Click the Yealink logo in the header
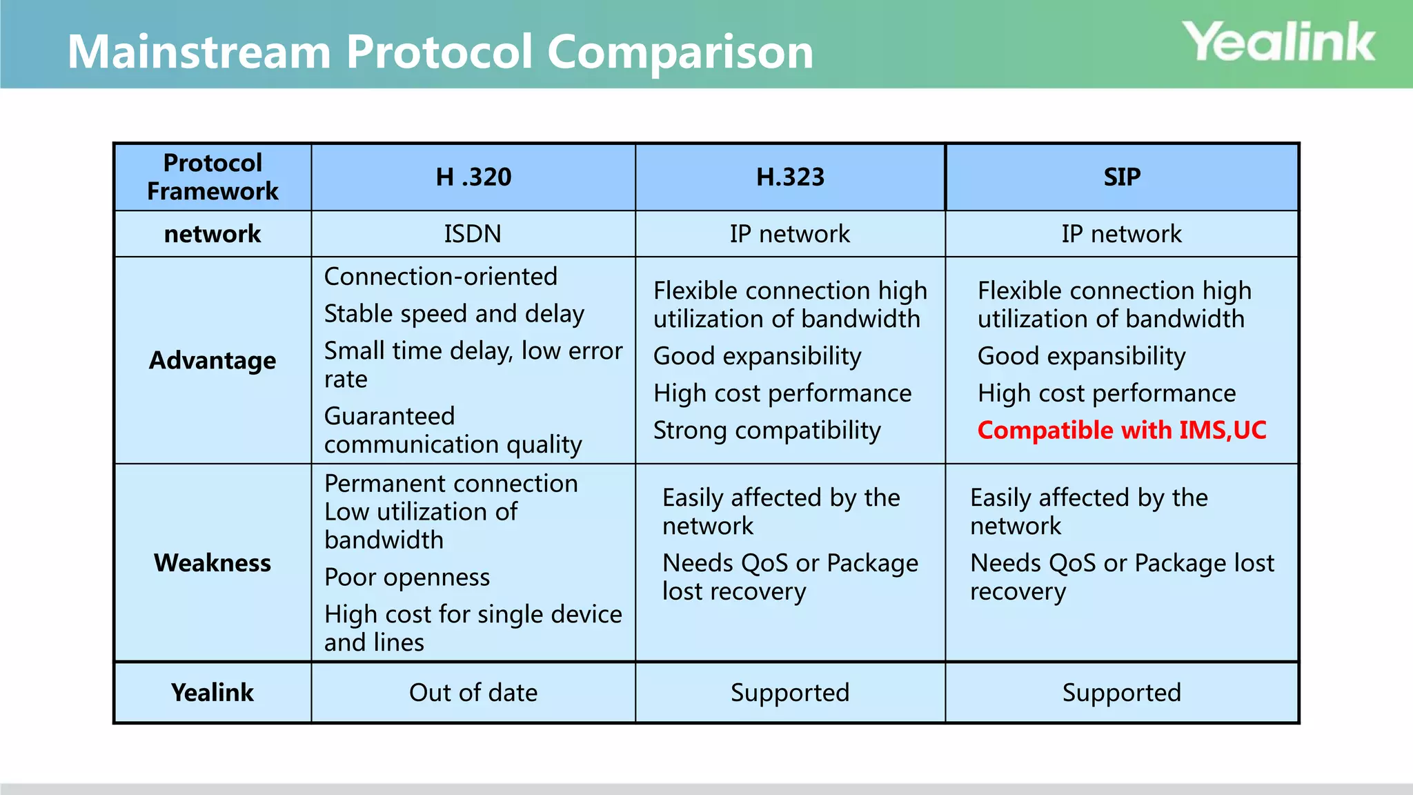pyautogui.click(x=1278, y=43)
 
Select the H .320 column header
pyautogui.click(x=473, y=177)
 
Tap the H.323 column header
pyautogui.click(x=790, y=177)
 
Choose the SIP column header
pyautogui.click(x=1122, y=177)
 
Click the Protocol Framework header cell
pyautogui.click(x=213, y=177)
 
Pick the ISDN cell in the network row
pyautogui.click(x=473, y=234)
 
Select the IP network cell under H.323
pyautogui.click(x=790, y=234)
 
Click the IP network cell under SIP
pyautogui.click(x=1122, y=234)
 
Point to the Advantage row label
pyautogui.click(x=213, y=360)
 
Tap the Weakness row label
pyautogui.click(x=213, y=563)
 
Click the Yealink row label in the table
pyautogui.click(x=213, y=693)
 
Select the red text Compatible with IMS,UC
pyautogui.click(x=1122, y=431)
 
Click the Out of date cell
pyautogui.click(x=473, y=693)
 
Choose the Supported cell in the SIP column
pyautogui.click(x=1122, y=693)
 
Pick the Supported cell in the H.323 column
pyautogui.click(x=790, y=693)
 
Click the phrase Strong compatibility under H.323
pyautogui.click(x=767, y=431)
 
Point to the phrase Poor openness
pyautogui.click(x=407, y=577)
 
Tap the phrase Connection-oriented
pyautogui.click(x=440, y=277)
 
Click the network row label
pyautogui.click(x=213, y=234)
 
